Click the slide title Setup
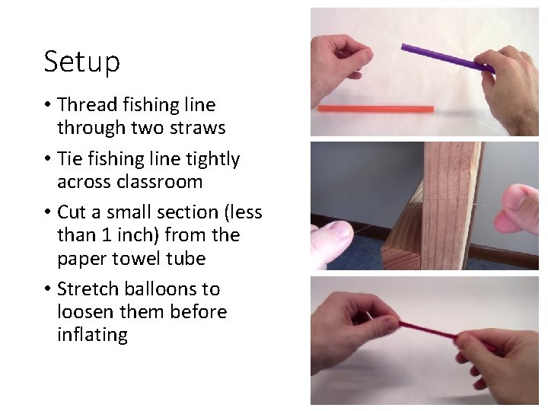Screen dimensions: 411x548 pos(81,62)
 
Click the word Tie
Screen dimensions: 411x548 pos(69,159)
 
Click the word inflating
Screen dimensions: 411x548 pos(92,336)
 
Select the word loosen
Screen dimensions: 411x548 pos(86,312)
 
